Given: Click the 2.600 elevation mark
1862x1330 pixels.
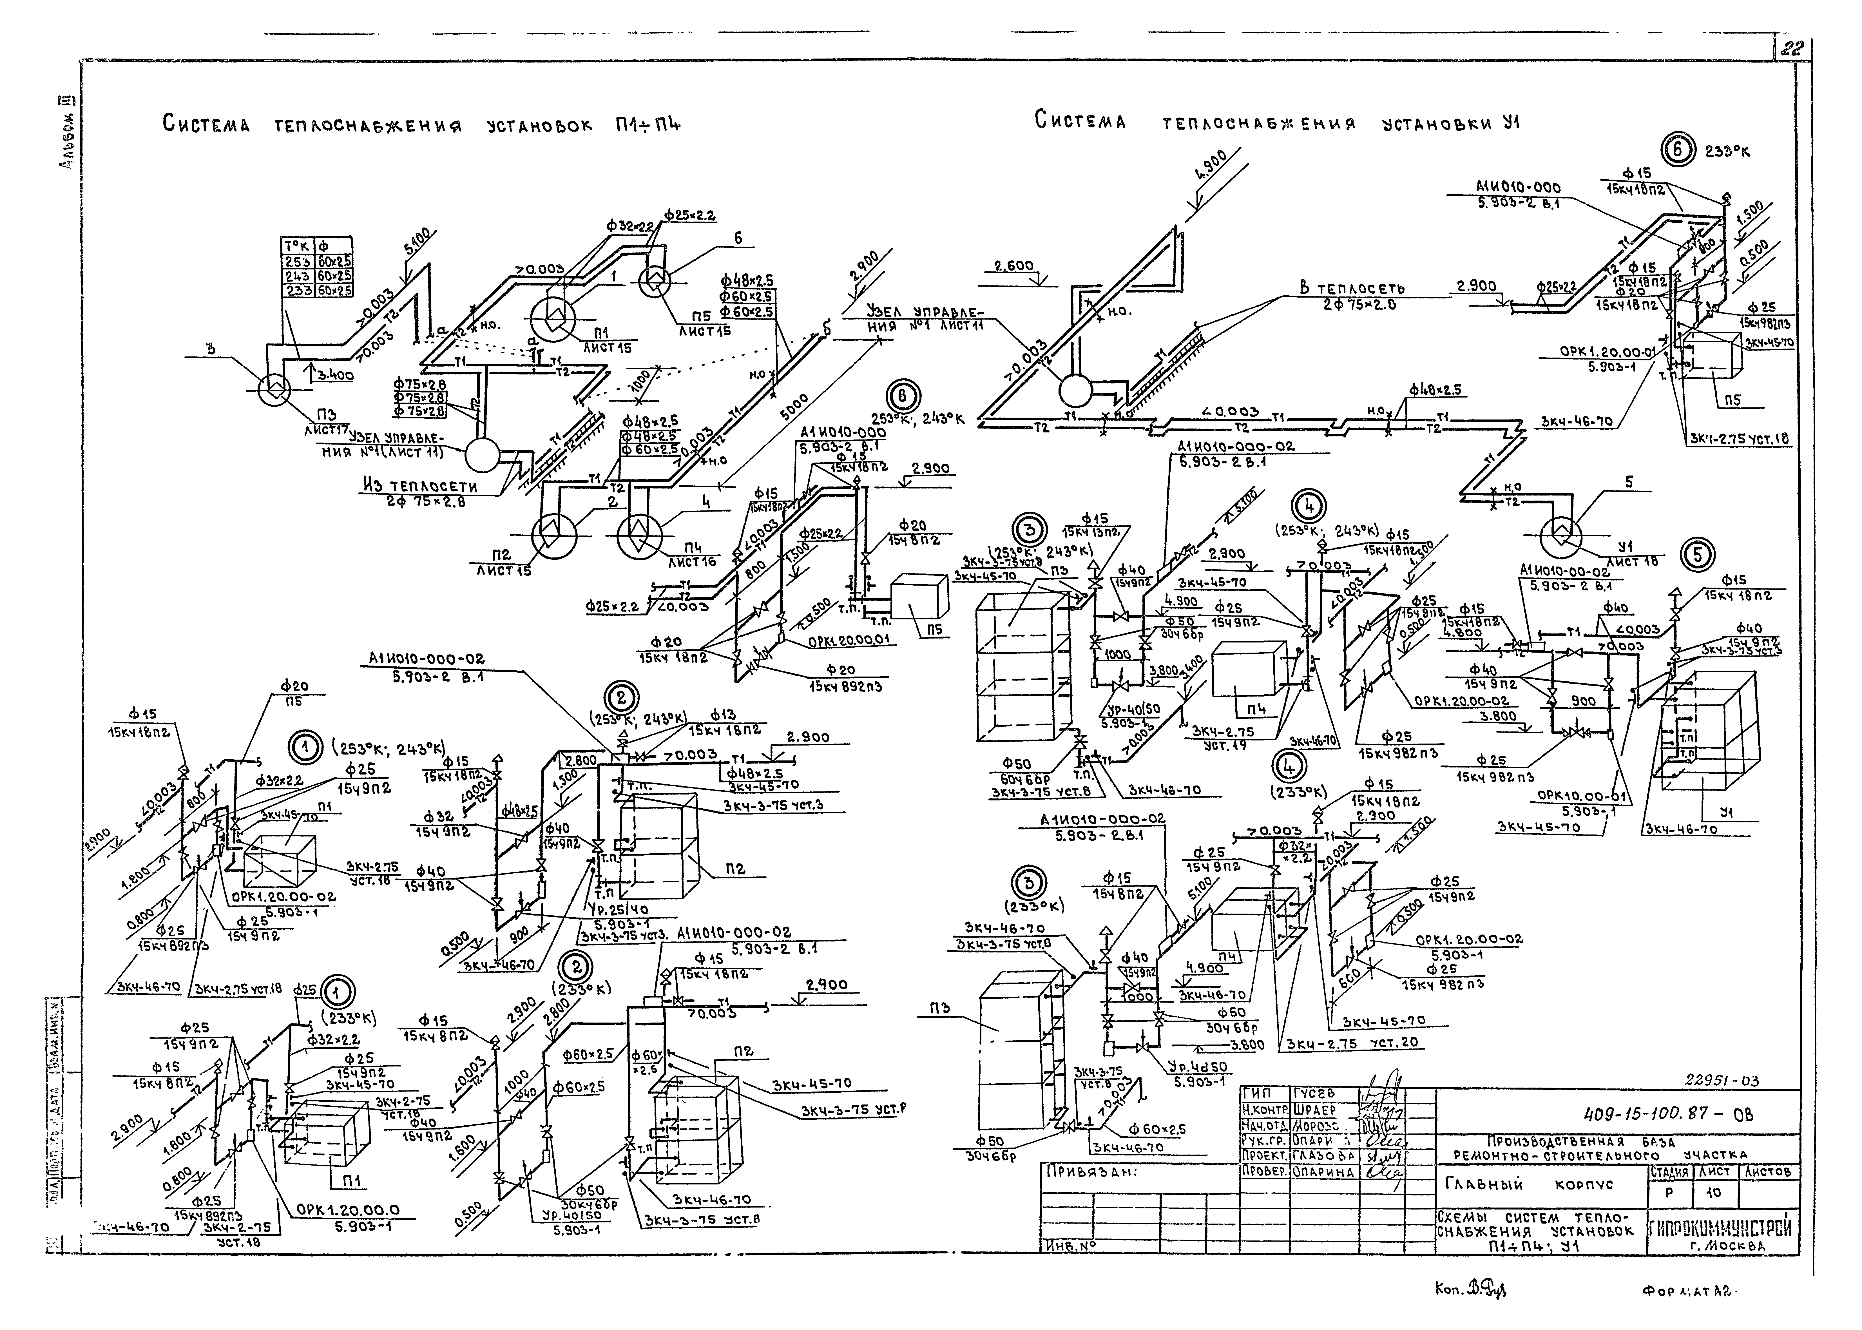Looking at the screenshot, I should pyautogui.click(x=1014, y=266).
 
